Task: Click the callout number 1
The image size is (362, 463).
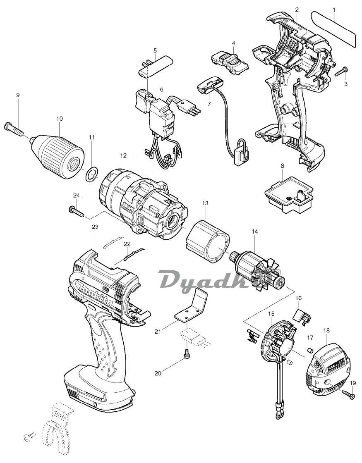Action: [x=334, y=10]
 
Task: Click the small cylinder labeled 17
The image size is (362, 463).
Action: [x=311, y=350]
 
